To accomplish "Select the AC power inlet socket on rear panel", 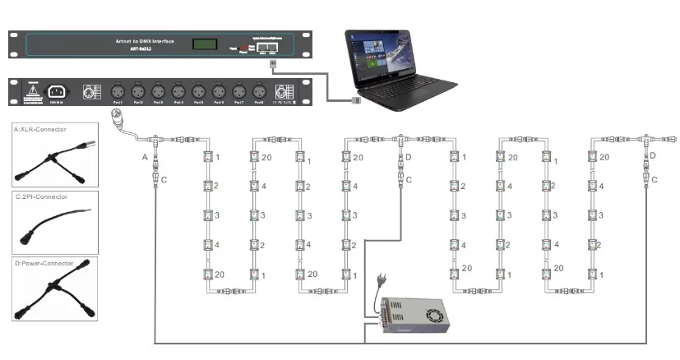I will (58, 91).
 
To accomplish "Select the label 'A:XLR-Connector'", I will (42, 129).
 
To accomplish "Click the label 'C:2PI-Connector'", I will (41, 197).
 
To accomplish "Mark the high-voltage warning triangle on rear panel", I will (34, 88).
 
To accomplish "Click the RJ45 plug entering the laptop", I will (355, 100).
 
